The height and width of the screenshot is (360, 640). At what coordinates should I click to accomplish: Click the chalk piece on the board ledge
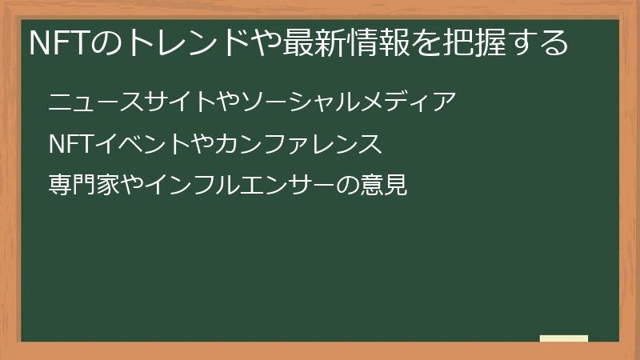pos(564,338)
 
